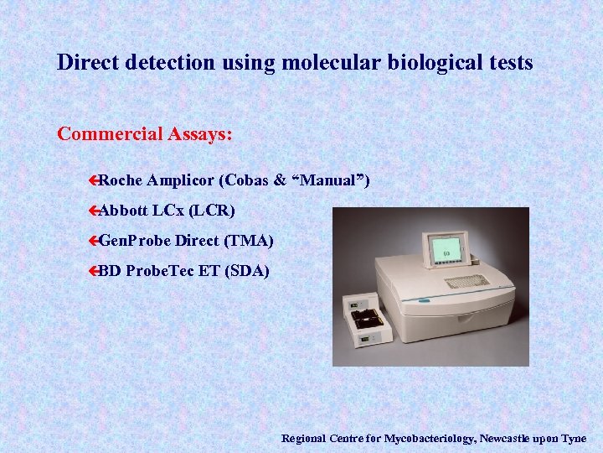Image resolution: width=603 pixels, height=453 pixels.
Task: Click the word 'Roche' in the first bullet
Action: tap(121, 180)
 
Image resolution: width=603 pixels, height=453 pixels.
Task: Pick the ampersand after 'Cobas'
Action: tap(280, 180)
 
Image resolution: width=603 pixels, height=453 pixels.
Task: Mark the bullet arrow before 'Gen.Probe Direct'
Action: tap(94, 241)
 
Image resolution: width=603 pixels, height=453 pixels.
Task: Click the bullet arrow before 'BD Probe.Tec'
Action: tap(94, 271)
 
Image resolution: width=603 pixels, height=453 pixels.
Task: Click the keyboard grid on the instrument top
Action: tap(466, 281)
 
